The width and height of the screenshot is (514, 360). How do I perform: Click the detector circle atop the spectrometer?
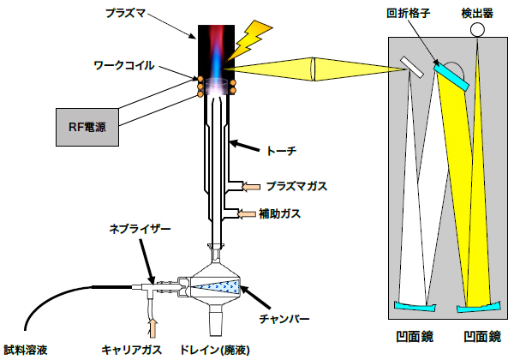[x=477, y=31]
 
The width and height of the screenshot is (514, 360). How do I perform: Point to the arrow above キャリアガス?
[x=153, y=327]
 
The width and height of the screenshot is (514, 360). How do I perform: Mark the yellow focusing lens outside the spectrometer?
[x=315, y=66]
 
